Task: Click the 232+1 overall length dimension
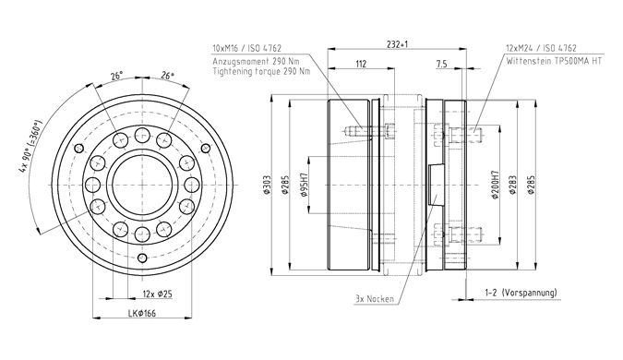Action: pos(397,43)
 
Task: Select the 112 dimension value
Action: pos(361,64)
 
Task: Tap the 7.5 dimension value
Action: pos(441,64)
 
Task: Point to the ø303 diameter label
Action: pos(267,185)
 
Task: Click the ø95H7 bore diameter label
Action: pos(306,185)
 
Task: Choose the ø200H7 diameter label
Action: pos(496,185)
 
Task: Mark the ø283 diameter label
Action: pos(513,185)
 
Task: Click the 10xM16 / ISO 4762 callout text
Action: pos(247,49)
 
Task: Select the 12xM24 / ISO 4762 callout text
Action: pos(541,49)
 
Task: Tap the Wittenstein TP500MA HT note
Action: pos(554,61)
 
